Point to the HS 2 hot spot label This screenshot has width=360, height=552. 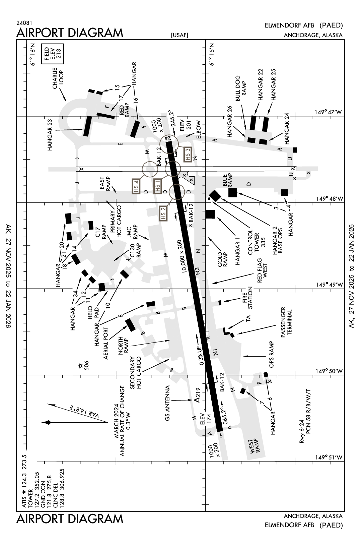(163, 213)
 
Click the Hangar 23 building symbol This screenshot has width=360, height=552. (87, 126)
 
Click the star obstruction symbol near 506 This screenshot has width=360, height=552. (80, 366)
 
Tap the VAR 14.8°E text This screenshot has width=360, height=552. (84, 412)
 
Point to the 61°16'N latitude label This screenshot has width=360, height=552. (32, 54)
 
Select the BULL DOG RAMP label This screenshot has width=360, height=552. (240, 89)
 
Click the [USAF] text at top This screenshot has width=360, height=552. (179, 35)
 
